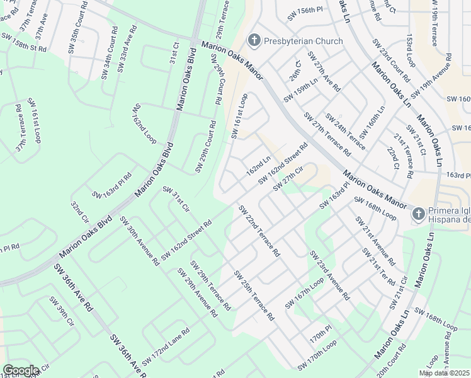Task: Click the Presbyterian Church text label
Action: [x=304, y=42]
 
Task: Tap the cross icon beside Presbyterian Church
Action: [x=254, y=42]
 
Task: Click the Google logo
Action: [x=21, y=370]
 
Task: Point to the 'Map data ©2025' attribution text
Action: [x=444, y=373]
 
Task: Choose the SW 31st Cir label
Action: [x=176, y=198]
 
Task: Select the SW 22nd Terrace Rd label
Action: [x=259, y=231]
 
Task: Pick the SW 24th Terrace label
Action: [x=344, y=132]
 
